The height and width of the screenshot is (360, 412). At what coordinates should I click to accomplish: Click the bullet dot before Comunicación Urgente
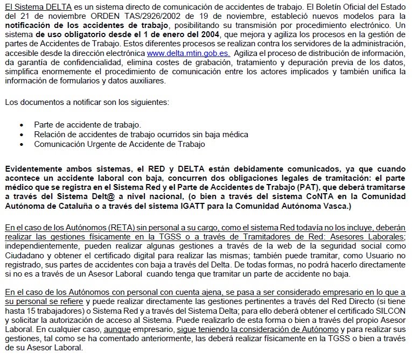point(22,144)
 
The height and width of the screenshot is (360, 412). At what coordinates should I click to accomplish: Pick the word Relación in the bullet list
point(50,135)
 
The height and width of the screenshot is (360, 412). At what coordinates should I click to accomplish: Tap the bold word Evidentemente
point(34,169)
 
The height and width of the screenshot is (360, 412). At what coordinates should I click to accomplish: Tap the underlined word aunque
point(139,329)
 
